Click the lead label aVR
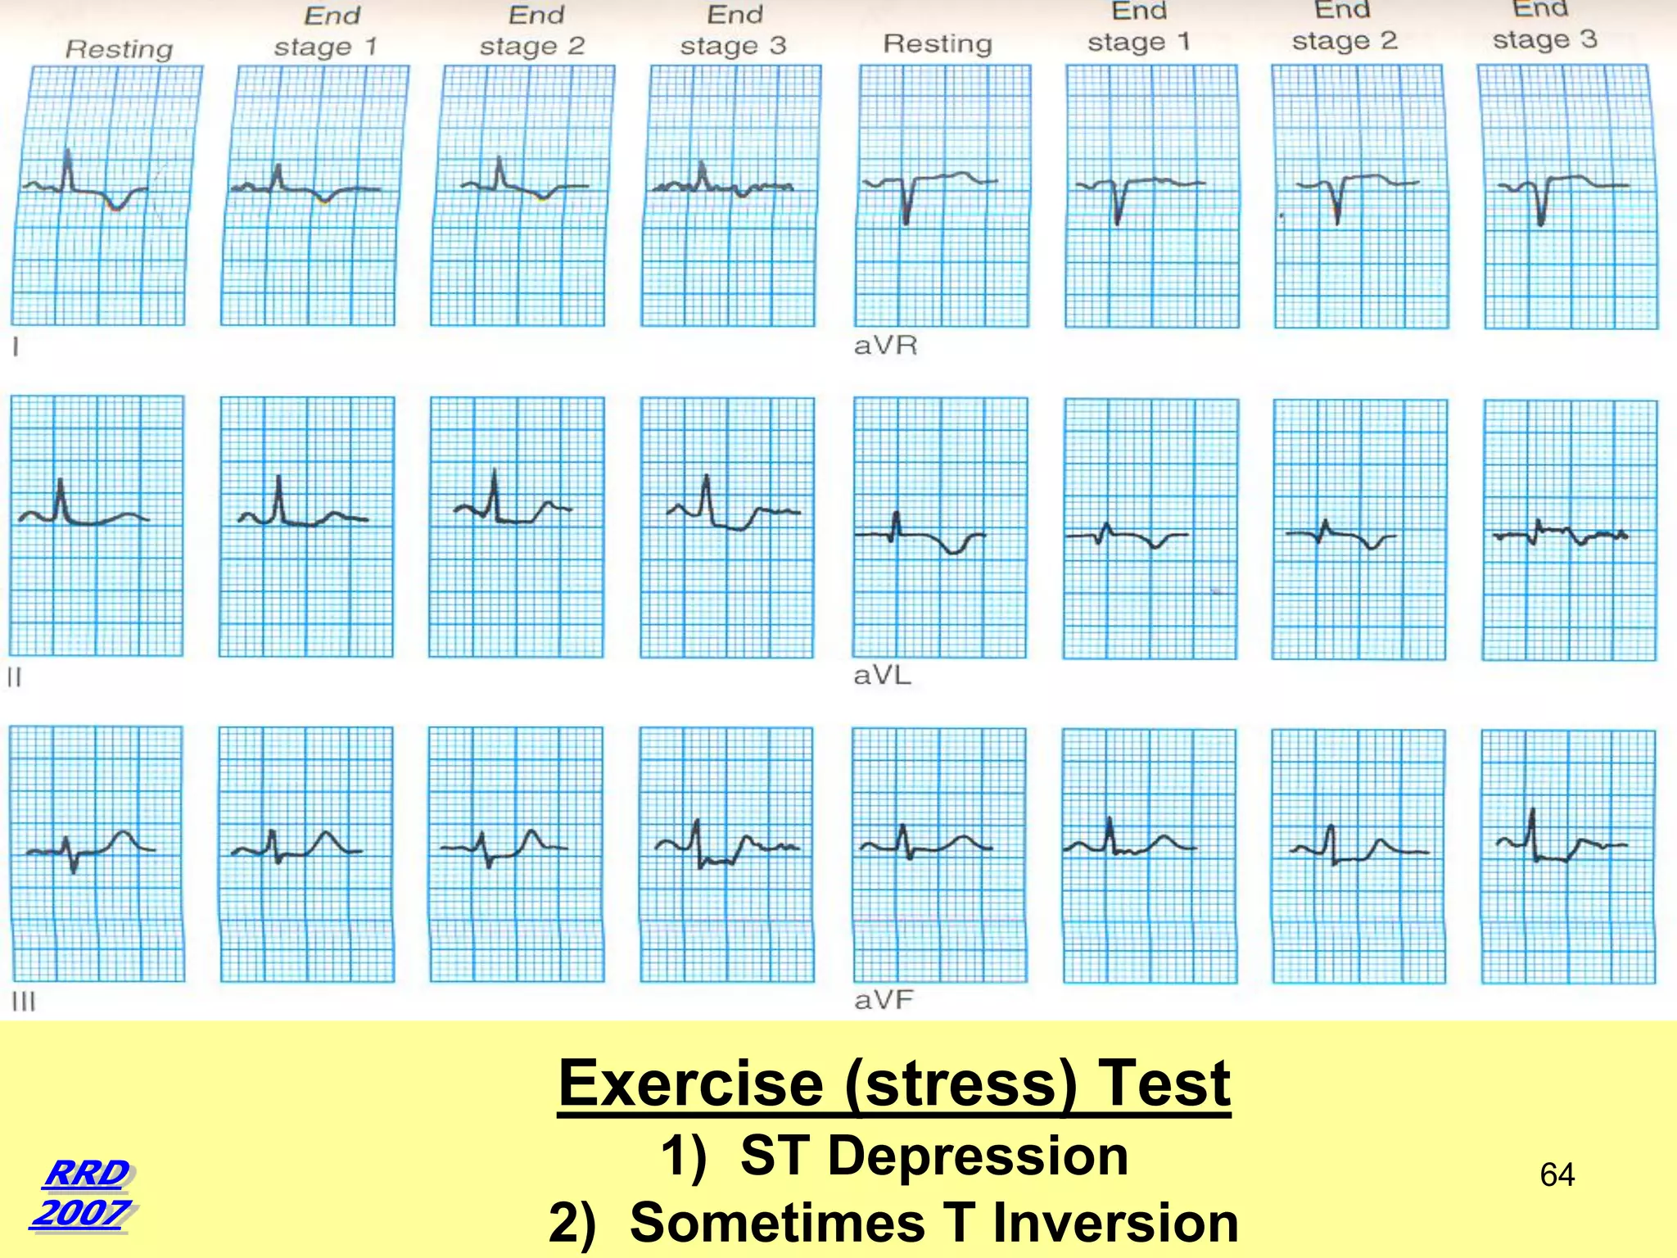click(885, 346)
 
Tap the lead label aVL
click(882, 676)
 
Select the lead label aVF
click(884, 1000)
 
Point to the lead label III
click(24, 1002)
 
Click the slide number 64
click(1557, 1174)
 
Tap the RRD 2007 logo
click(84, 1192)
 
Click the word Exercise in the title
click(690, 1083)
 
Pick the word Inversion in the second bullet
click(1115, 1223)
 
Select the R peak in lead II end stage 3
click(706, 477)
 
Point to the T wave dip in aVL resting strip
click(953, 552)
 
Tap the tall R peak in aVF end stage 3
click(1532, 812)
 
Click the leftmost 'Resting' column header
click(120, 49)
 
